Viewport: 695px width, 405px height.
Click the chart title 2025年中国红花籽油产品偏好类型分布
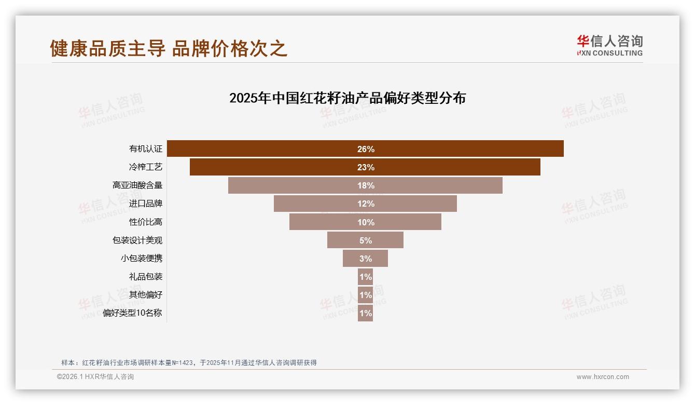(x=347, y=98)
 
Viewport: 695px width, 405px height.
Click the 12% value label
(x=366, y=204)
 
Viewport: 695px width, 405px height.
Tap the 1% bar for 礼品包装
(x=365, y=277)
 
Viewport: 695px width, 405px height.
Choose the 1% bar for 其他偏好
(x=365, y=295)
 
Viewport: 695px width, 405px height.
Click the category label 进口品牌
(x=146, y=204)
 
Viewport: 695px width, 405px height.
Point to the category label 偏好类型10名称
(x=133, y=313)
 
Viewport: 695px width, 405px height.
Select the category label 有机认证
(x=146, y=149)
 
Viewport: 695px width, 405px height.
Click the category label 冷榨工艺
(x=146, y=167)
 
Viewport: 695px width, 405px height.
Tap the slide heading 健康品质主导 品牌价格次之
(x=169, y=48)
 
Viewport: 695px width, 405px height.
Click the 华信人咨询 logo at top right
(x=609, y=45)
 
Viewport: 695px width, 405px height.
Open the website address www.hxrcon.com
(x=603, y=377)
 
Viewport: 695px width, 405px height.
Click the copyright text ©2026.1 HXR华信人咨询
(x=95, y=377)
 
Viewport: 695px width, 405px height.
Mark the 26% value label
(x=366, y=149)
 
